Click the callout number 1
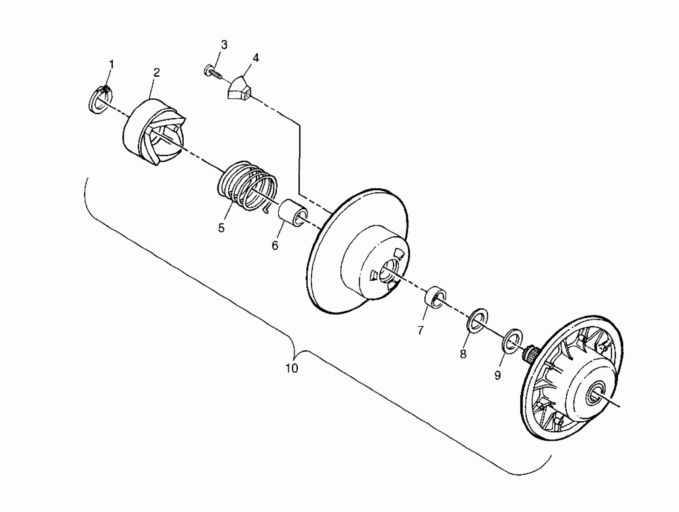coord(111,64)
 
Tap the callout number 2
coord(157,73)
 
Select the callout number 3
coord(224,45)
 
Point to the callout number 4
coord(255,58)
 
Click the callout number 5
coord(221,228)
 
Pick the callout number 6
coord(275,245)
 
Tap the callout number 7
coord(421,330)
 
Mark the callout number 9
coord(498,375)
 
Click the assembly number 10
coord(291,368)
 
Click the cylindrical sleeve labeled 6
coord(293,213)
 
